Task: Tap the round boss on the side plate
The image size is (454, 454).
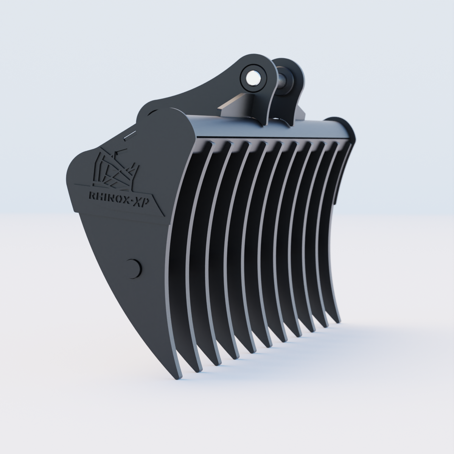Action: (134, 269)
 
